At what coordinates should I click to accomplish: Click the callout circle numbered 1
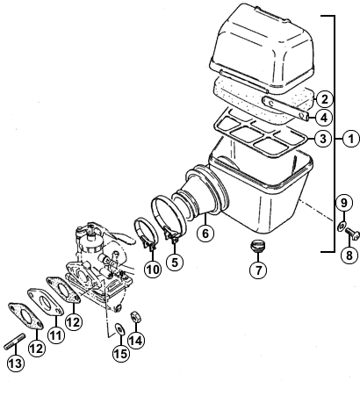[x=351, y=139]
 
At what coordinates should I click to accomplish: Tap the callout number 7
[x=258, y=270]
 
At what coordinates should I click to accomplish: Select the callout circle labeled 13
[x=16, y=363]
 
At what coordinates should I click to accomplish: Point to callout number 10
[x=153, y=270]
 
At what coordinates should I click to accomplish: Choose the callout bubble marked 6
[x=205, y=234]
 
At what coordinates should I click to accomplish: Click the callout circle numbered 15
[x=121, y=353]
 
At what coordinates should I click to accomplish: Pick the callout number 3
[x=323, y=139]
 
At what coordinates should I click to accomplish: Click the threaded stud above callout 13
[x=15, y=342]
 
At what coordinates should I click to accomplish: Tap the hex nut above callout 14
[x=135, y=317]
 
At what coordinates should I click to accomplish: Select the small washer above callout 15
[x=120, y=329]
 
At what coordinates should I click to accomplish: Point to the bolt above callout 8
[x=352, y=234]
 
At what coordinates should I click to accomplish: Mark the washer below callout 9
[x=342, y=227]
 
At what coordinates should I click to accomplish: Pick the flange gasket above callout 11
[x=46, y=302]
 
